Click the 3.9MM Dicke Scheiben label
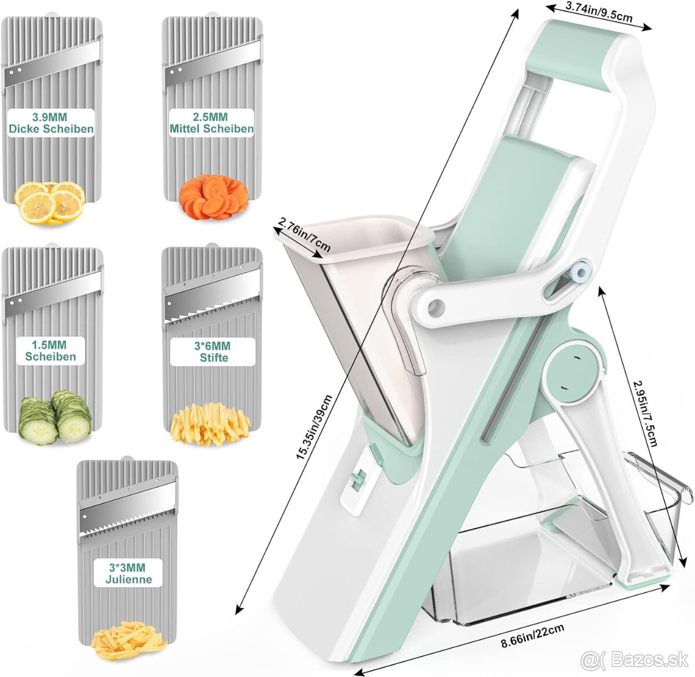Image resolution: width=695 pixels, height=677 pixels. coord(51,123)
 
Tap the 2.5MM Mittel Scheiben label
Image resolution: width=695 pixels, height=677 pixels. coord(211,123)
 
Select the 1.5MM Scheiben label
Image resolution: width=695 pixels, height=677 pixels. coord(50,351)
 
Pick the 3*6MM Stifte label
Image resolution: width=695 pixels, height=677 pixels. coord(213,352)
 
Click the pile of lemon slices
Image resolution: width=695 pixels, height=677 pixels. coord(49,203)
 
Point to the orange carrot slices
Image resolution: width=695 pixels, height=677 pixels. coord(214,197)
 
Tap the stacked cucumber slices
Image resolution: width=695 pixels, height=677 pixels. coord(54,418)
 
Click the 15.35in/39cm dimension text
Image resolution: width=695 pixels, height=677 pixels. coord(314,427)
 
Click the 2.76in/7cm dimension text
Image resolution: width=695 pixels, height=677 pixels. coord(304,235)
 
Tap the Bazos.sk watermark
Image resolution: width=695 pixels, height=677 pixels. coord(634,660)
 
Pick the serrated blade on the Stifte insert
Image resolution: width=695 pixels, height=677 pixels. coord(213,299)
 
